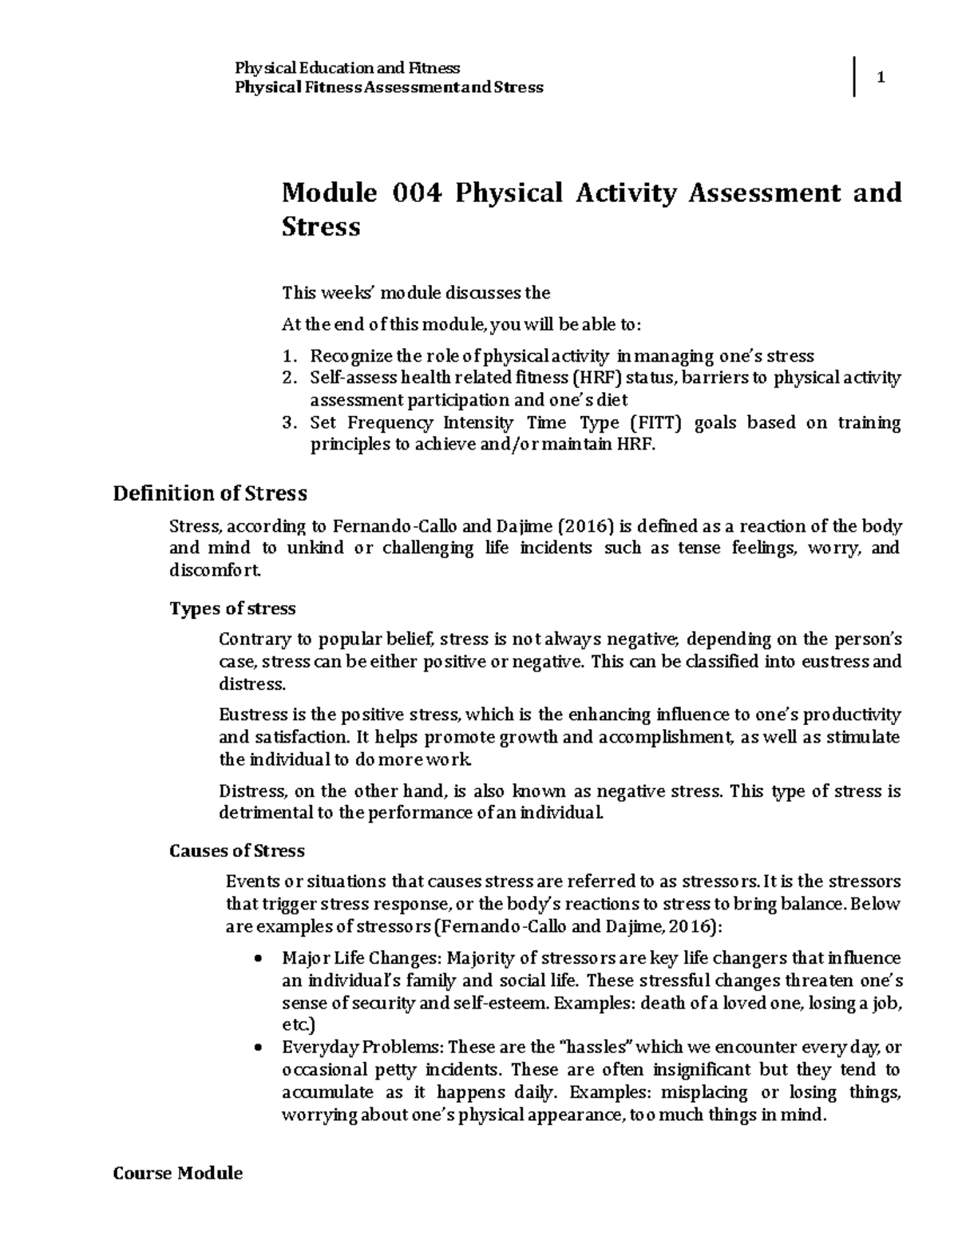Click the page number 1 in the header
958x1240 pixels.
(881, 78)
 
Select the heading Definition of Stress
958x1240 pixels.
(210, 493)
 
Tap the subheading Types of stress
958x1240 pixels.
(232, 608)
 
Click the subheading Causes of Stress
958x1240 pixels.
(237, 851)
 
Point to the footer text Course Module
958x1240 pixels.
(178, 1173)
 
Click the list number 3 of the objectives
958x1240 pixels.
(289, 423)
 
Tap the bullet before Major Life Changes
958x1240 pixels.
(256, 959)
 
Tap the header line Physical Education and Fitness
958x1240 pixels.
(346, 68)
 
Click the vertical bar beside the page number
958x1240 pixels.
(855, 77)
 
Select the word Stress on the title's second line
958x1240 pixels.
(321, 228)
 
